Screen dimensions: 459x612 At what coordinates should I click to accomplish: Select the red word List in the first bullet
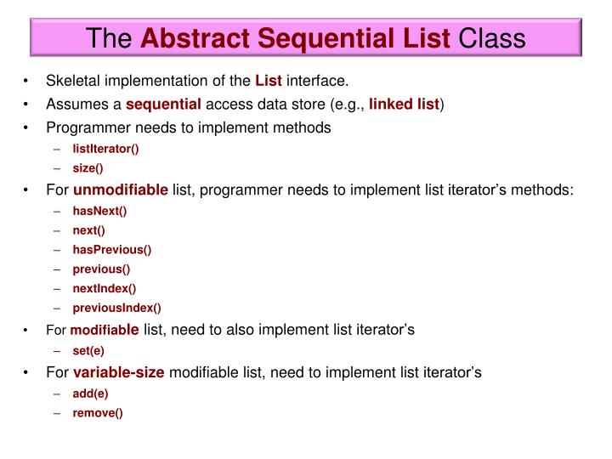[x=269, y=82]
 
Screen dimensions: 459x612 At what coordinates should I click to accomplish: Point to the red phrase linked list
[x=404, y=105]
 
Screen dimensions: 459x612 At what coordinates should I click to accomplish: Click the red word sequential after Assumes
[x=164, y=105]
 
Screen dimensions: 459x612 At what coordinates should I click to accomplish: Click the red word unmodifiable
[x=121, y=190]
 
